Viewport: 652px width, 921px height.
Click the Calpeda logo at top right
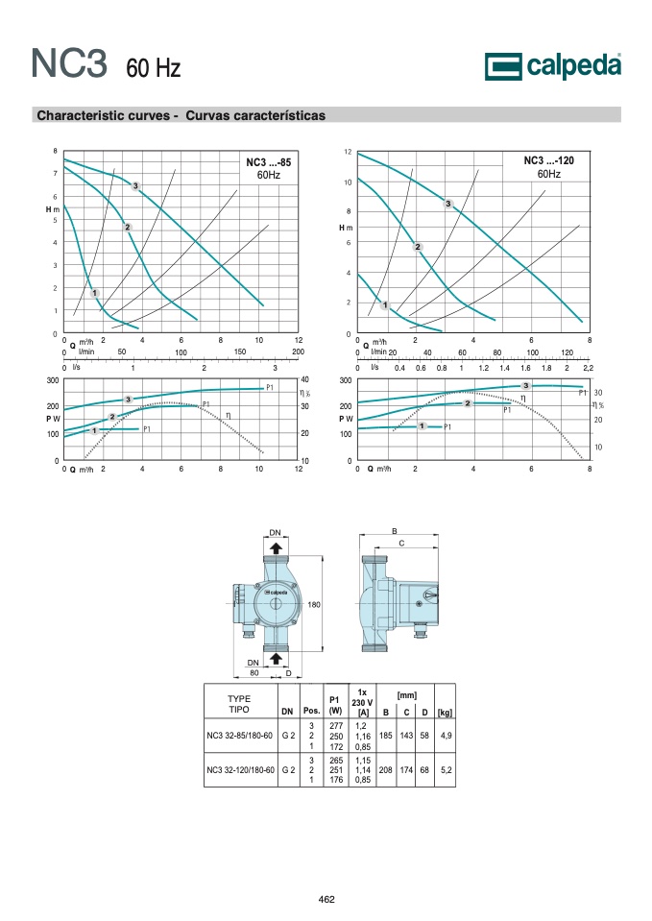(x=553, y=66)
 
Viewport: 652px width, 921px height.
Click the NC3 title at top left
(x=69, y=62)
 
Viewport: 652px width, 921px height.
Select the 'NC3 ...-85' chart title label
(x=269, y=162)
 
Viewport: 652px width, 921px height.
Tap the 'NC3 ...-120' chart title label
(x=548, y=160)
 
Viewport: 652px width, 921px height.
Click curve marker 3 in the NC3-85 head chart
(x=135, y=186)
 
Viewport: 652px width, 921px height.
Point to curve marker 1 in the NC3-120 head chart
(x=385, y=304)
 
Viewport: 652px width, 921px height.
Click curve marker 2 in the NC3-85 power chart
(x=112, y=417)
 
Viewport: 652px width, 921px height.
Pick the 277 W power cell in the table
(x=336, y=726)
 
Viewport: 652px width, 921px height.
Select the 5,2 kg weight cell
(x=446, y=769)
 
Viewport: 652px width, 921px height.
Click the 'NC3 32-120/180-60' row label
(x=240, y=769)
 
